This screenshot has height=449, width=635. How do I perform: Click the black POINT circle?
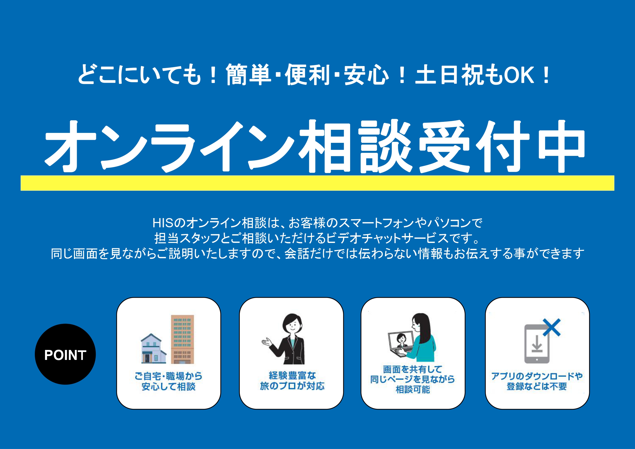coord(65,354)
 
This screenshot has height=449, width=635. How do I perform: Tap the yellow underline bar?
coord(317,183)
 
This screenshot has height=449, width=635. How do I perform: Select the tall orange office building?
coord(182,339)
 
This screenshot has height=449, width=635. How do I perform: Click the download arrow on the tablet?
coord(537,343)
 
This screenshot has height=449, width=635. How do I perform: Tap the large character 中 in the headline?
coord(562,146)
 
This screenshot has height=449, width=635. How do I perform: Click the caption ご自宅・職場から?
coord(168,376)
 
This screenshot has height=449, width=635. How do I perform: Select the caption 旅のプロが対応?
coord(292,386)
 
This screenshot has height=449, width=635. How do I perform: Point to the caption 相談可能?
coord(413,390)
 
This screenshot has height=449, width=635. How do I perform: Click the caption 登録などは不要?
coord(537,386)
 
